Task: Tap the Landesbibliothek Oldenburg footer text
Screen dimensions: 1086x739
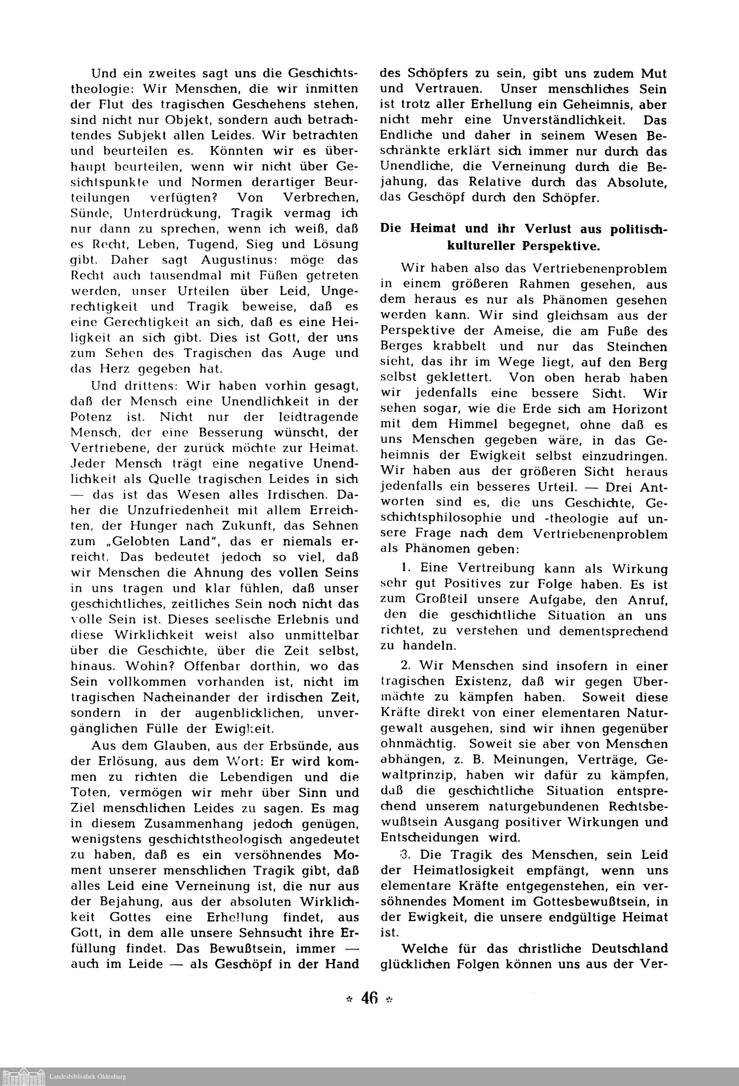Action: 88,1077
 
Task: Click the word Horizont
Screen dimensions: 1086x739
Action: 639,409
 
